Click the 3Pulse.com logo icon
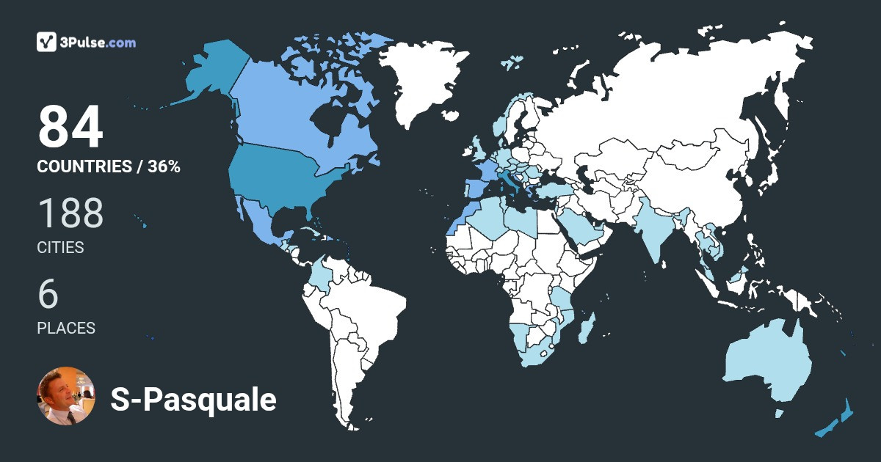47,42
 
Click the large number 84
70,128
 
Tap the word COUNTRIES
84,166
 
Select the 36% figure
163,166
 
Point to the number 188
70,213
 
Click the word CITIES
60,248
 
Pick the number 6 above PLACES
48,294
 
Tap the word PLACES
66,329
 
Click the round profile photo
66,396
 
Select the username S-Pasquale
193,400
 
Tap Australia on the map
767,363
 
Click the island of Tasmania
779,414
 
